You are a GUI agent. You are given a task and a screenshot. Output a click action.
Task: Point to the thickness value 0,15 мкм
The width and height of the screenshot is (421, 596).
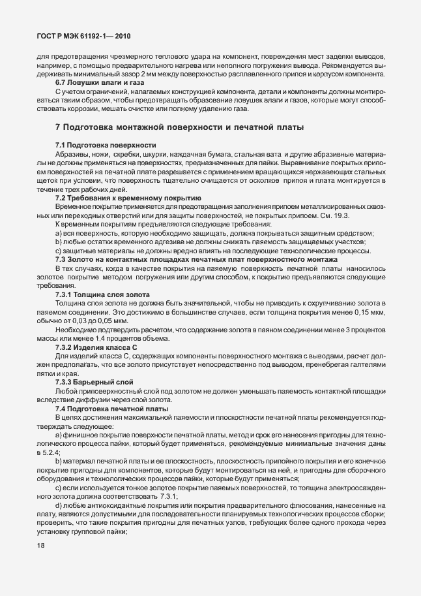(370, 313)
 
